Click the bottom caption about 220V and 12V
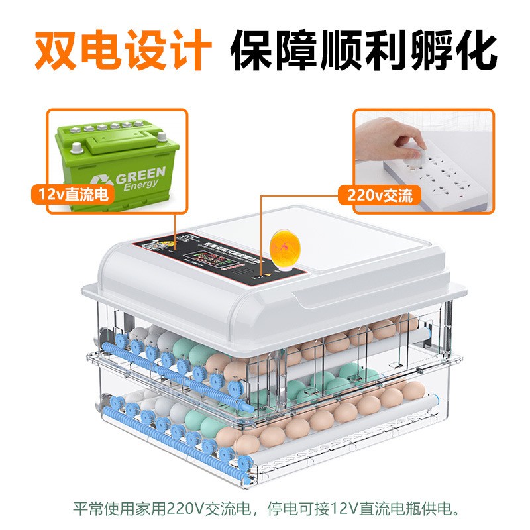pos(265,509)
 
